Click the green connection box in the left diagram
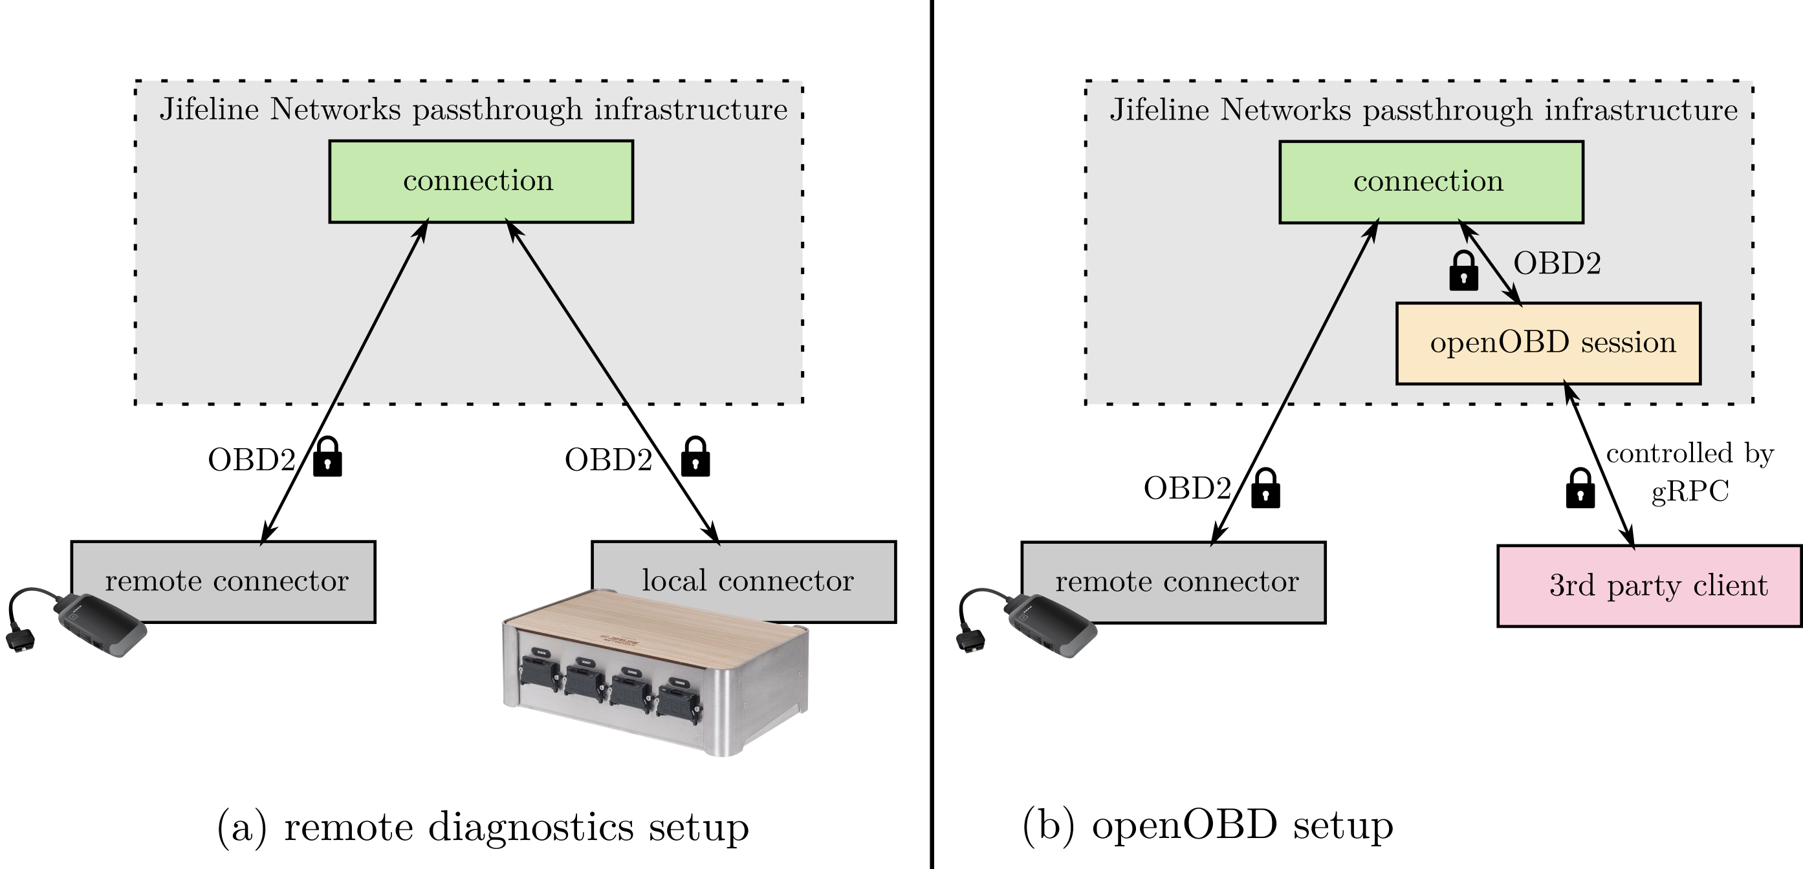pyautogui.click(x=481, y=182)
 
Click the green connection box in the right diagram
pyautogui.click(x=1430, y=182)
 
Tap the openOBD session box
pyautogui.click(x=1547, y=343)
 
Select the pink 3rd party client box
pyautogui.click(x=1649, y=586)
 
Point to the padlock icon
pyautogui.click(x=1463, y=272)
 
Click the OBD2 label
pyautogui.click(x=1556, y=264)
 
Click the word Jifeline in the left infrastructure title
pyautogui.click(x=209, y=110)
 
